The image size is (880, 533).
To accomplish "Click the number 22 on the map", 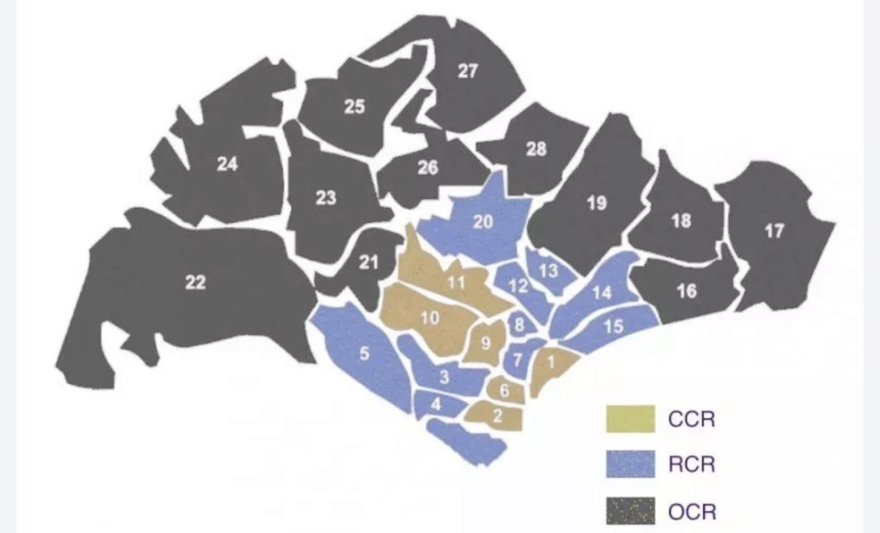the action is point(195,282).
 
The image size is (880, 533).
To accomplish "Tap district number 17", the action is point(774,231).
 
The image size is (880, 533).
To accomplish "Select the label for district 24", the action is point(227,165).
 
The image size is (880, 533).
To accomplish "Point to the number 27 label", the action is point(467,71).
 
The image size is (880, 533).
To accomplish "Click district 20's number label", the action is point(482,222).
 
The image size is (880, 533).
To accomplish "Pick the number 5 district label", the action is point(364,354).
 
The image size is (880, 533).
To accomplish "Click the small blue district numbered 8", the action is point(519,325).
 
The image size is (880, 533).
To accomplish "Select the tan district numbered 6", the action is point(504,391).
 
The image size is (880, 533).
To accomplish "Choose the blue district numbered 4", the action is point(436,404).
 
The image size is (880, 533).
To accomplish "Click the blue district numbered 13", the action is point(548,270).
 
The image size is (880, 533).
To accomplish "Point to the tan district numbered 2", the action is point(498,415).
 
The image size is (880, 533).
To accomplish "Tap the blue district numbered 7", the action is point(517,360).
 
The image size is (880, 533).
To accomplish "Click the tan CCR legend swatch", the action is point(630,418).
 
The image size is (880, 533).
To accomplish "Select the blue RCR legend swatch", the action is point(630,464).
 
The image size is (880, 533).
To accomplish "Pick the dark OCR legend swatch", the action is point(630,511).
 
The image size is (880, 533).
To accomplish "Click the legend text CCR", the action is point(691,418).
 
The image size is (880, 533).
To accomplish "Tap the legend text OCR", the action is point(692,511).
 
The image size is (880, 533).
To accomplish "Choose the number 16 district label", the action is point(686,292).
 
